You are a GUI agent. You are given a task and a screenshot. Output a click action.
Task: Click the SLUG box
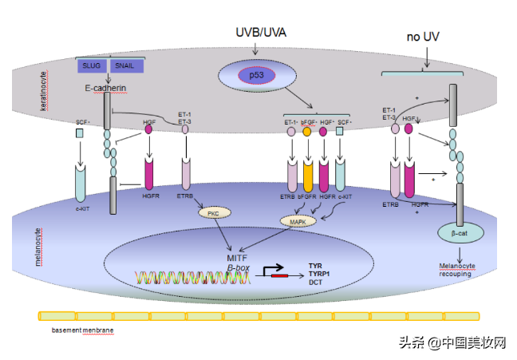[91, 66]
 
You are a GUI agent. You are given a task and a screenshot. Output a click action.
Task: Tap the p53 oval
[255, 75]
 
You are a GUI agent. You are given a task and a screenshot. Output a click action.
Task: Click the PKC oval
[213, 213]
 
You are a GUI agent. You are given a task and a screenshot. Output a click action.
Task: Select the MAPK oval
[297, 220]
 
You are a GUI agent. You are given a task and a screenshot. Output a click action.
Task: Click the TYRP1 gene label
[320, 273]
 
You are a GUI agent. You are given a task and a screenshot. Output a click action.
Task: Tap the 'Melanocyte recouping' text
[456, 270]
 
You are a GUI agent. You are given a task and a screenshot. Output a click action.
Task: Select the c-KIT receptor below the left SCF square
[81, 183]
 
